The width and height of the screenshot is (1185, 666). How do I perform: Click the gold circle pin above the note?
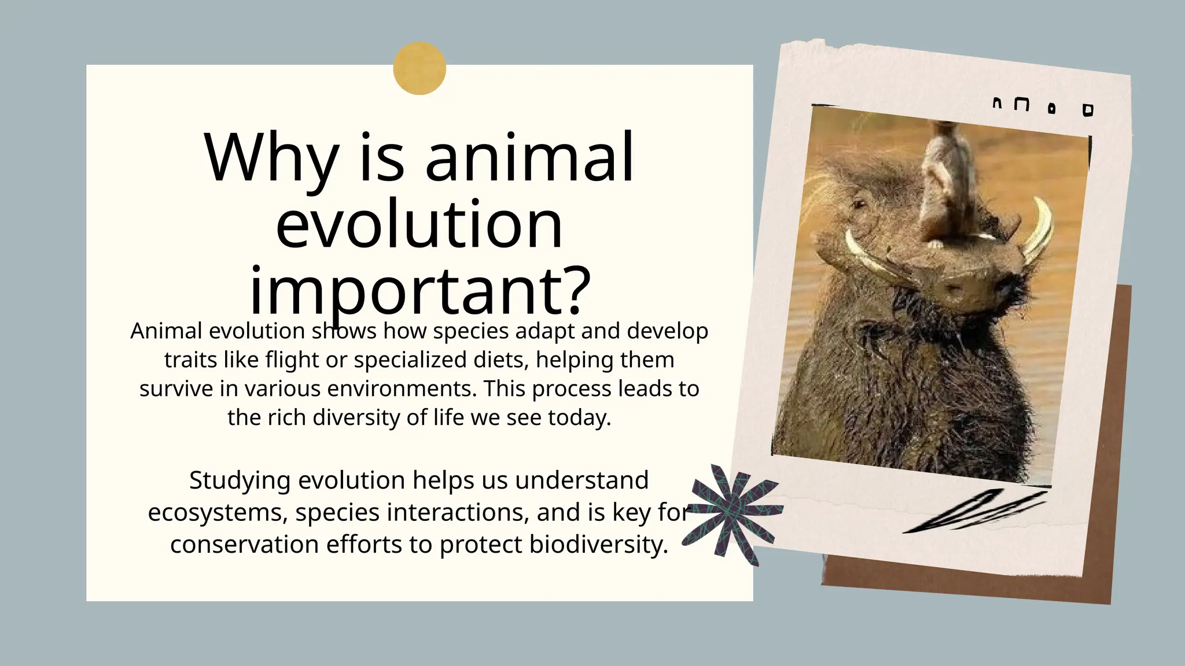pyautogui.click(x=419, y=68)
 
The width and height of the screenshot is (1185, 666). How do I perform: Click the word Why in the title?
pyautogui.click(x=271, y=158)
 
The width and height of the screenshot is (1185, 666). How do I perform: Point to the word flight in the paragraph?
pyautogui.click(x=292, y=360)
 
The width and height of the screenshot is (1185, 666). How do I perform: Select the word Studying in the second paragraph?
pyautogui.click(x=240, y=480)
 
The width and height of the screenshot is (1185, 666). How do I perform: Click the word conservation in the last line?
pyautogui.click(x=244, y=545)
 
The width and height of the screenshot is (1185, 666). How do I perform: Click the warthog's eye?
pyautogui.click(x=859, y=204)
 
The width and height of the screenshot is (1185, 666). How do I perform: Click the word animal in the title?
pyautogui.click(x=529, y=158)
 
